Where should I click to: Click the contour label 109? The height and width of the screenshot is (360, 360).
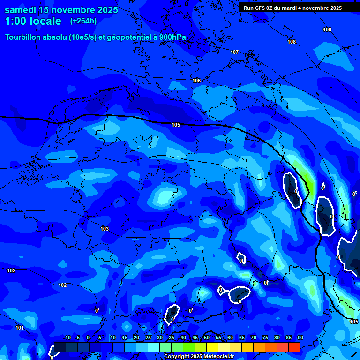click(327, 30)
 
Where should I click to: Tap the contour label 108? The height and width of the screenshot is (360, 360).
click(292, 42)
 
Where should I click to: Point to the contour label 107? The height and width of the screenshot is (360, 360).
click(234, 52)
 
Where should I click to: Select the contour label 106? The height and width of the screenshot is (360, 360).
click(196, 81)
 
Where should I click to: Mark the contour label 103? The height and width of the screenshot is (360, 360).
click(105, 229)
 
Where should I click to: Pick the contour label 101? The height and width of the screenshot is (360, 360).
click(20, 328)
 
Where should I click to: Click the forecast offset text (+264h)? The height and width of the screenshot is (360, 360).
click(83, 21)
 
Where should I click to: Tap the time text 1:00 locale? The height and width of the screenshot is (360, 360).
click(33, 21)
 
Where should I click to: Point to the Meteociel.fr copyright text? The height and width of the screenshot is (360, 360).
click(199, 357)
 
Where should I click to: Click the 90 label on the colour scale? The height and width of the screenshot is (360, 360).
click(300, 338)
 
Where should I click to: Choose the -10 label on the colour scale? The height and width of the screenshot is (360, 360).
click(67, 338)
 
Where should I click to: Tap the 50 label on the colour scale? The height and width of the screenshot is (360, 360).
click(207, 338)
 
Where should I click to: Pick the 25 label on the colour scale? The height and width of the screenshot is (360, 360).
click(148, 338)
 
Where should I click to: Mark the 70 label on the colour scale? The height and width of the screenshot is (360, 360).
click(254, 338)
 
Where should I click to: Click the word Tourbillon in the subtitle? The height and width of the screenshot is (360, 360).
click(23, 37)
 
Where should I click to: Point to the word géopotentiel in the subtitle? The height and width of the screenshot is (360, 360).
click(128, 37)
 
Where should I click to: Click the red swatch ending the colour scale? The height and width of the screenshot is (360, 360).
click(294, 347)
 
